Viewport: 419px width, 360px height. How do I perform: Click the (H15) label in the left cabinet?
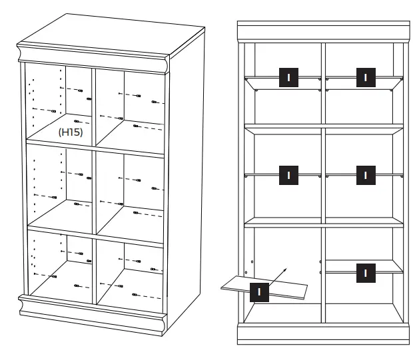tap(70, 132)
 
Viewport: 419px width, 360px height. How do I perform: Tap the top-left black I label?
tap(288, 77)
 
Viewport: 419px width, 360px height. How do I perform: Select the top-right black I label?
tap(364, 77)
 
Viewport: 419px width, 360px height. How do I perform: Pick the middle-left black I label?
tap(288, 175)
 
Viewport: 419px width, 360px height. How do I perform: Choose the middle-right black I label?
tap(364, 175)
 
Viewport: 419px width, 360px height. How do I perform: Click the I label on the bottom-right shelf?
tap(364, 271)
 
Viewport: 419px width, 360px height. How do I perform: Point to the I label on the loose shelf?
tap(259, 291)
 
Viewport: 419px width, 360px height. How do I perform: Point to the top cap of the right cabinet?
tap(324, 32)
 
